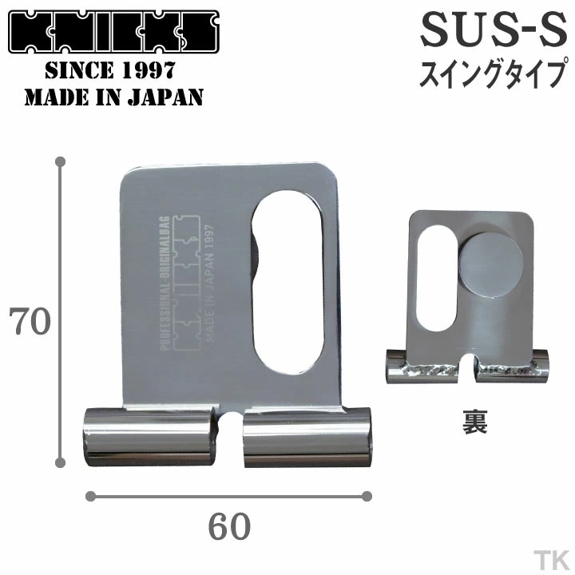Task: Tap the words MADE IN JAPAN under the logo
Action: pyautogui.click(x=113, y=97)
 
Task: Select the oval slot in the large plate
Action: pyautogui.click(x=288, y=283)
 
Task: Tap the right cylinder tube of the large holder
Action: pyautogui.click(x=307, y=436)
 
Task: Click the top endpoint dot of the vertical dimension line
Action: pyautogui.click(x=60, y=162)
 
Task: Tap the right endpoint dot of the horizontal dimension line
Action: pyautogui.click(x=367, y=496)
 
